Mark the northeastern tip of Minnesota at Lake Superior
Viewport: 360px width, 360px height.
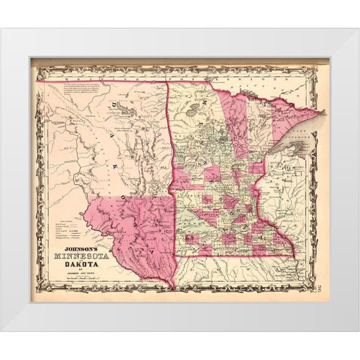(324, 113)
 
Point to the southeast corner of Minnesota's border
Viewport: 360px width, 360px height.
(294, 254)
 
